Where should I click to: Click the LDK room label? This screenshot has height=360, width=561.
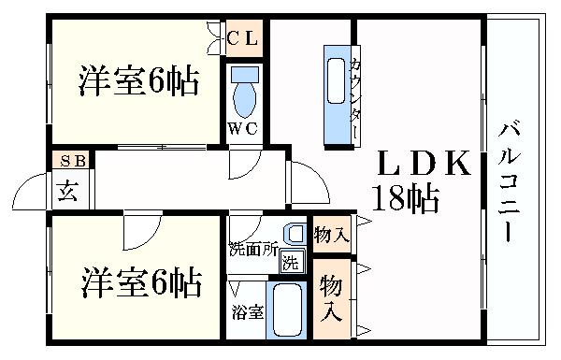423,165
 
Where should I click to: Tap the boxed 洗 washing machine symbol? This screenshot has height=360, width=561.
293,263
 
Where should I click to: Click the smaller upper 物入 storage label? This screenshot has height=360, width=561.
331,234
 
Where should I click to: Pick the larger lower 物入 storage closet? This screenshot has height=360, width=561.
331,299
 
